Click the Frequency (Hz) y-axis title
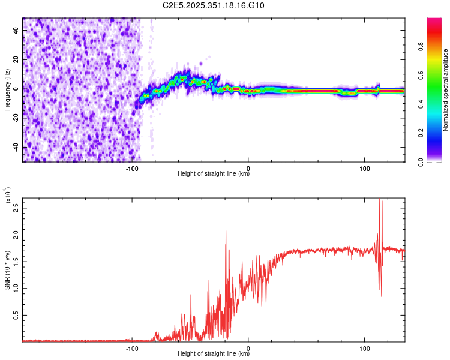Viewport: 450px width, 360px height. (7, 90)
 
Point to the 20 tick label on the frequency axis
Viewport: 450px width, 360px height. (16, 59)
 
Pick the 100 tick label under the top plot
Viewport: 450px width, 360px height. (364, 168)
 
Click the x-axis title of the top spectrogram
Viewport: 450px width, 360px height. (214, 175)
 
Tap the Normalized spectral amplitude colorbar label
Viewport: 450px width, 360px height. (446, 90)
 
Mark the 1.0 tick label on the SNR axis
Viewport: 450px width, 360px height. (16, 288)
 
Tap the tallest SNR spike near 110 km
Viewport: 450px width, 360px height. (379, 199)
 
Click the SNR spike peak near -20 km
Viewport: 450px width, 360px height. (226, 231)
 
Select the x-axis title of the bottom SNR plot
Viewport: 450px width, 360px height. (214, 354)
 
